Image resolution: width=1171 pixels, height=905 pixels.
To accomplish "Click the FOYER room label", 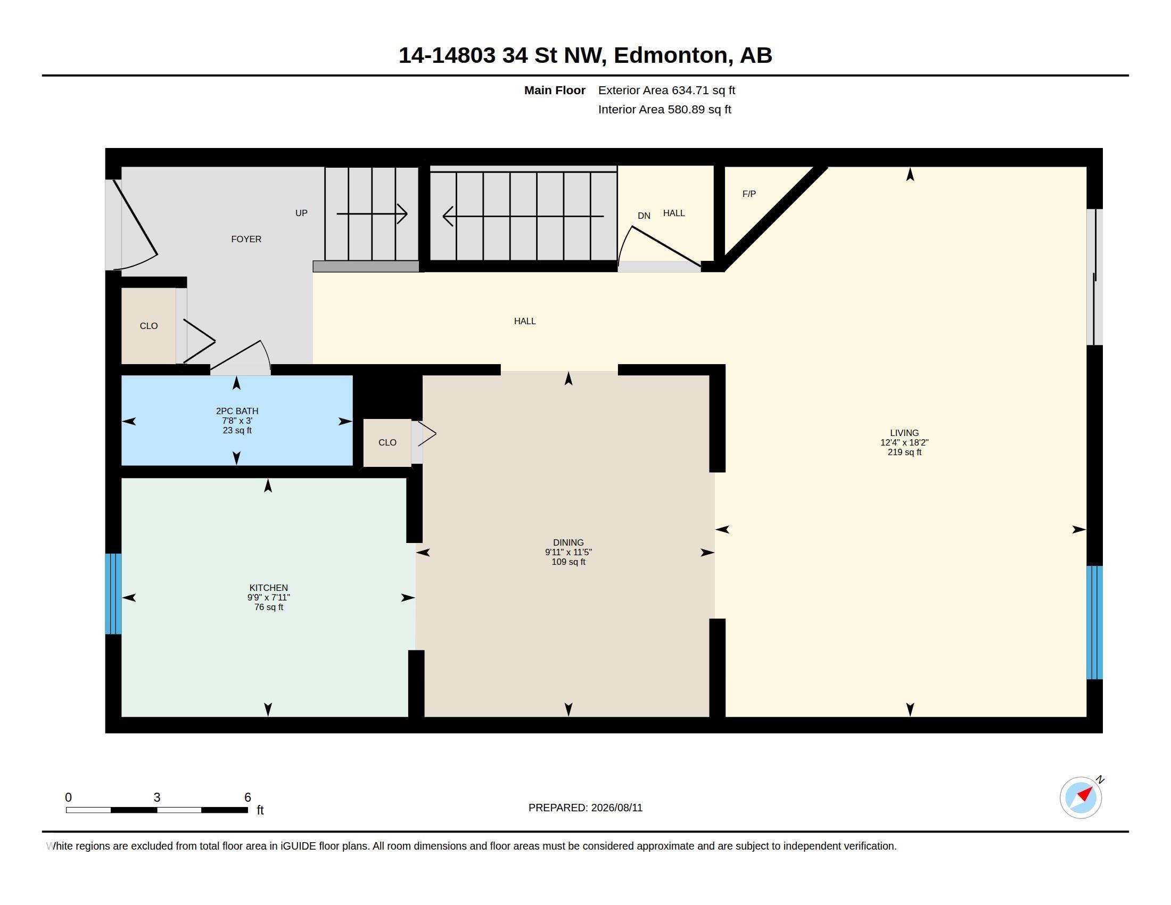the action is (246, 239).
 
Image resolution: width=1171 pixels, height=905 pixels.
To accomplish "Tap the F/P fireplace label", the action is (749, 194).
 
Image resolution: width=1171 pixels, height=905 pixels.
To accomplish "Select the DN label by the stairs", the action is (644, 216).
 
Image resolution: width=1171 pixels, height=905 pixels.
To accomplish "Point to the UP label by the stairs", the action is (301, 213).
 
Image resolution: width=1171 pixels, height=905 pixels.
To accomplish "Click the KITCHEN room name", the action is (269, 588).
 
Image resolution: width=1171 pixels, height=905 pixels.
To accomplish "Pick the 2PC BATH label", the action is (237, 411).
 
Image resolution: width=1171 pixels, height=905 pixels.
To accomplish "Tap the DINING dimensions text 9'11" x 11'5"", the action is (568, 552).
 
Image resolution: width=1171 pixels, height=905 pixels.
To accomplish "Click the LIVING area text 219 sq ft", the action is (904, 452).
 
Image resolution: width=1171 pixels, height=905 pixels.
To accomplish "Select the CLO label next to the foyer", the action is (149, 326).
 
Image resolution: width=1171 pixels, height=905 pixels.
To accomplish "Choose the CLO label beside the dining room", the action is (387, 443).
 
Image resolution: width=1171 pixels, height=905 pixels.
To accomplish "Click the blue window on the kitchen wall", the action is (113, 594).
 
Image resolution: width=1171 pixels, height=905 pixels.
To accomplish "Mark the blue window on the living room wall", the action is (1094, 622).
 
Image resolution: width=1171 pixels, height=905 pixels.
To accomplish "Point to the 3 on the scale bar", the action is (157, 797).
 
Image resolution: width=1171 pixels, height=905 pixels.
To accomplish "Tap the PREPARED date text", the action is (585, 808).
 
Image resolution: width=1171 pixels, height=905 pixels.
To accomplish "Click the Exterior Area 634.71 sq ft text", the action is (666, 90).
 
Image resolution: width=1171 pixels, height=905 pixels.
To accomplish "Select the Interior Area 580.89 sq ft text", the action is (664, 110).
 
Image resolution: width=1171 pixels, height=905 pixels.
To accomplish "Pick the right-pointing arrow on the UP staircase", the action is (372, 214).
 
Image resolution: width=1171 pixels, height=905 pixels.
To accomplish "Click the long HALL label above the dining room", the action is (525, 321).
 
